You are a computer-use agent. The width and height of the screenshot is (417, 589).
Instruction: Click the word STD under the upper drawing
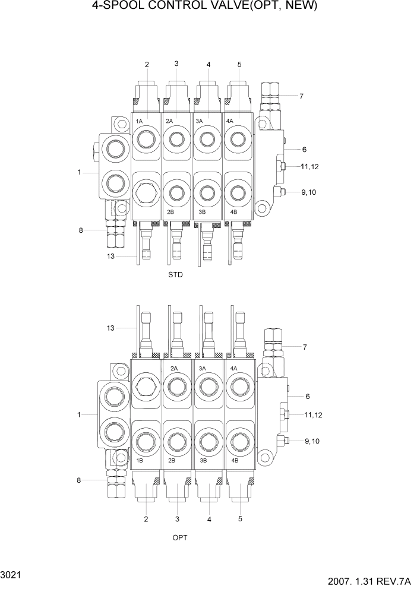tap(175, 275)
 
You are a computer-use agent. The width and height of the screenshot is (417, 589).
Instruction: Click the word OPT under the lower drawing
tap(180, 537)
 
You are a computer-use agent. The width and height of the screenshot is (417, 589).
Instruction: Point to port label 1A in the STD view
tap(140, 121)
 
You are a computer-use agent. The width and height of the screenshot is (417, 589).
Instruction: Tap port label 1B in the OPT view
tap(140, 461)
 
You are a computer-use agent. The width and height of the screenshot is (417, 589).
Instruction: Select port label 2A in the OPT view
tap(174, 369)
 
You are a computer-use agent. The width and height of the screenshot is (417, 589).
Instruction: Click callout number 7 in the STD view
tap(301, 96)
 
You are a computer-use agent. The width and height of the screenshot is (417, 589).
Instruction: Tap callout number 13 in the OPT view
tap(109, 328)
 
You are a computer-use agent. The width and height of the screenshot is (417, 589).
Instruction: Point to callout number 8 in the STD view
tap(81, 230)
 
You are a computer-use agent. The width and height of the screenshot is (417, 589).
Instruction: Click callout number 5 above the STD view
tap(239, 64)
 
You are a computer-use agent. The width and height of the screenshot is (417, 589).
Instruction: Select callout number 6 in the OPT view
tap(307, 396)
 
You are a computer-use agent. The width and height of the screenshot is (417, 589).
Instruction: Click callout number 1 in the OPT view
tap(78, 414)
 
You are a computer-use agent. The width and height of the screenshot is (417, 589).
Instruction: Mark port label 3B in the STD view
tap(202, 212)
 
